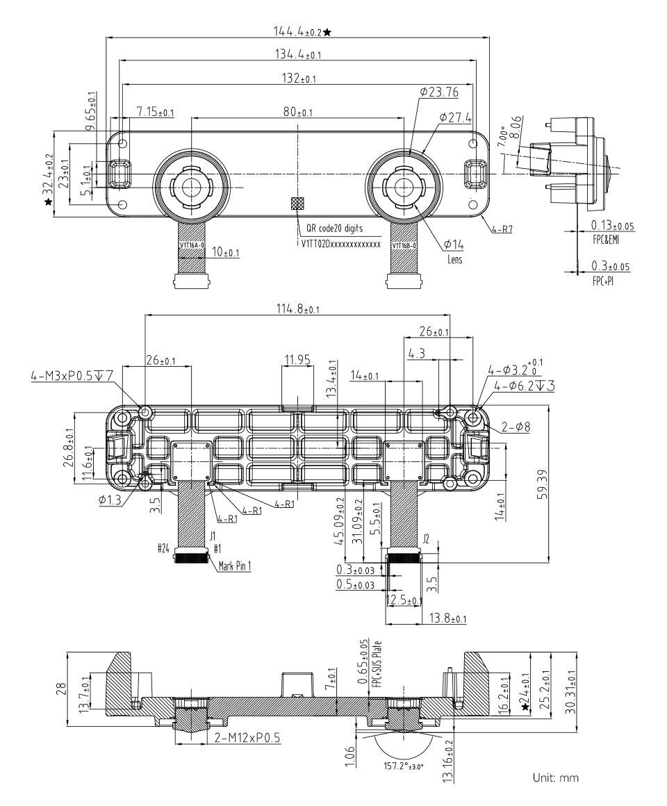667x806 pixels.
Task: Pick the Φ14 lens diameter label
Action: tap(454, 244)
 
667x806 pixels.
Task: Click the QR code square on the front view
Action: tap(298, 203)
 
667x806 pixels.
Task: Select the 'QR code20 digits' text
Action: tap(330, 228)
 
